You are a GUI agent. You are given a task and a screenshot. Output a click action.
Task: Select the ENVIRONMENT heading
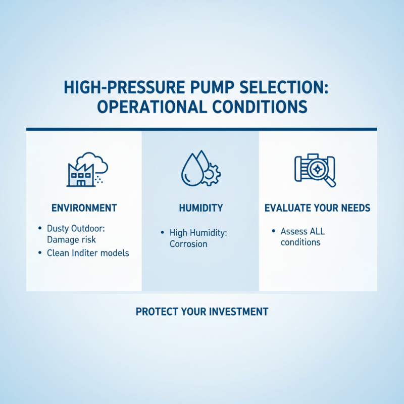coord(84,208)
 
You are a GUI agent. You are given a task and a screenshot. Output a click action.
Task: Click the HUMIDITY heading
coord(200,208)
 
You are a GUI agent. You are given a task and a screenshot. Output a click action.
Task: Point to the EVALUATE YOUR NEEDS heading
coord(318,208)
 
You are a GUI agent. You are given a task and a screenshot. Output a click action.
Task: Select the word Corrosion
coord(188,243)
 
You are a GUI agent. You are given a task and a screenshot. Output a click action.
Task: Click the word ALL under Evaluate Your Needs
coord(316,231)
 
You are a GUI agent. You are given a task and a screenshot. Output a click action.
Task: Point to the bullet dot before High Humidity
coord(162,232)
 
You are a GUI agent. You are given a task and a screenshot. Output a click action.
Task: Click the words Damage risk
coord(71,239)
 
